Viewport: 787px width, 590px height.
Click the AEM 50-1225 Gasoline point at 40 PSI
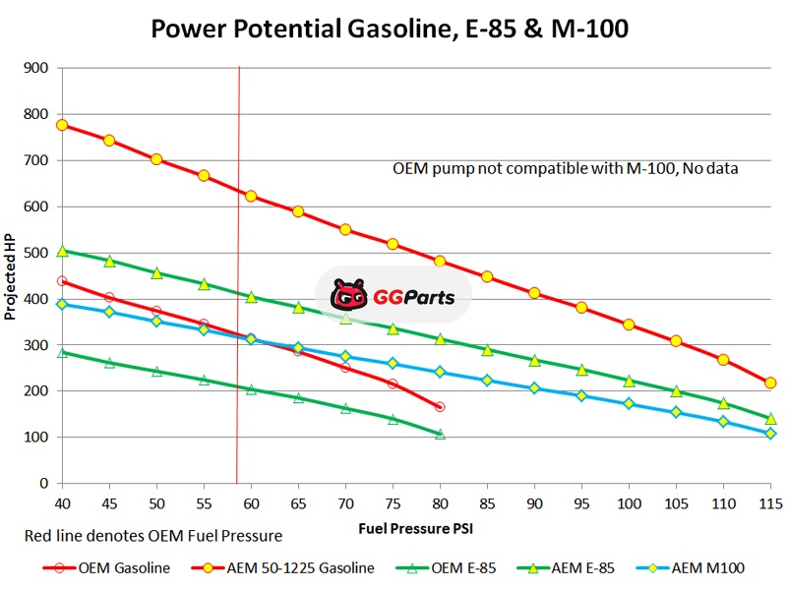62,125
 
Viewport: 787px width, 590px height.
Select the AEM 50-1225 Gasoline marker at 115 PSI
770,383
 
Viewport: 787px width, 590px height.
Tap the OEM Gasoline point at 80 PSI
440,406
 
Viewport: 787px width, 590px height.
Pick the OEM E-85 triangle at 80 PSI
440,434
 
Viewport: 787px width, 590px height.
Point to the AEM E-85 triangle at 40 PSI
62,251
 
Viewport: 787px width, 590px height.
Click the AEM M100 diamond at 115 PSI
770,434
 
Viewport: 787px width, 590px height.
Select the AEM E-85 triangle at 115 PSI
770,418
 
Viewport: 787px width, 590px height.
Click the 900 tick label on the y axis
37,68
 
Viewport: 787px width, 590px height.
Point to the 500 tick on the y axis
37,253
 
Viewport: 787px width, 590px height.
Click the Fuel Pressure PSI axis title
416,528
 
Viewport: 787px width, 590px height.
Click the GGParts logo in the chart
393,294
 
